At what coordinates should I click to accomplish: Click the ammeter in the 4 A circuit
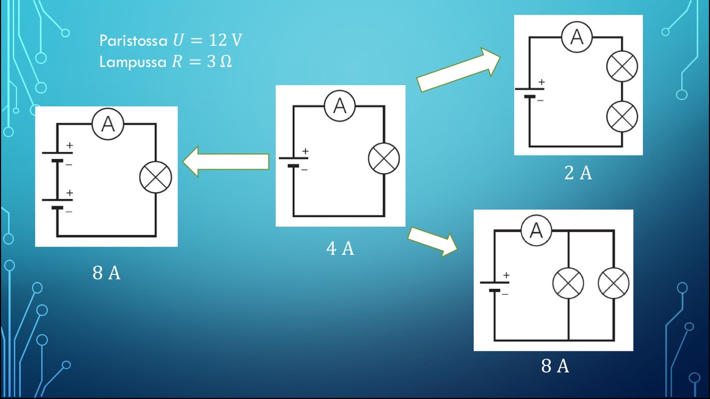click(x=339, y=105)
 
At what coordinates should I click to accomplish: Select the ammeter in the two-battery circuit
click(x=108, y=124)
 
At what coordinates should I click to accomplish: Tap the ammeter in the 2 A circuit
click(x=577, y=37)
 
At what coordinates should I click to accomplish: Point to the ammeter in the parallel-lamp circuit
click(x=536, y=230)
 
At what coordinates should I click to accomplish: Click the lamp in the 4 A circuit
click(x=384, y=158)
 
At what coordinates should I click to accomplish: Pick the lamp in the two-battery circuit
click(x=155, y=177)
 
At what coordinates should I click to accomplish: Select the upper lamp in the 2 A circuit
click(x=622, y=67)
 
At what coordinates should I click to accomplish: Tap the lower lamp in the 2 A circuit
click(x=622, y=116)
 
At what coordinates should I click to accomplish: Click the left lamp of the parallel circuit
click(x=569, y=283)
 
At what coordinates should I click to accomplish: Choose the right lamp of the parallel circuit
click(x=613, y=283)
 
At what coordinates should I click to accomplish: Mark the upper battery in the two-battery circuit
click(x=57, y=157)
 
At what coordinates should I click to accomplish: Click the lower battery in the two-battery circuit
click(x=57, y=203)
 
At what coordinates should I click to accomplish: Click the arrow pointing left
click(x=226, y=161)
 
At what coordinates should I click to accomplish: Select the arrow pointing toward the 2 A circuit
click(x=458, y=70)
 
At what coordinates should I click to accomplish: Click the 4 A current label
click(x=340, y=249)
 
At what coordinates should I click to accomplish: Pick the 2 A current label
click(x=578, y=173)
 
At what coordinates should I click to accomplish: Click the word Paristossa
click(x=133, y=40)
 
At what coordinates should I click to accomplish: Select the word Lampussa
click(x=133, y=62)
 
